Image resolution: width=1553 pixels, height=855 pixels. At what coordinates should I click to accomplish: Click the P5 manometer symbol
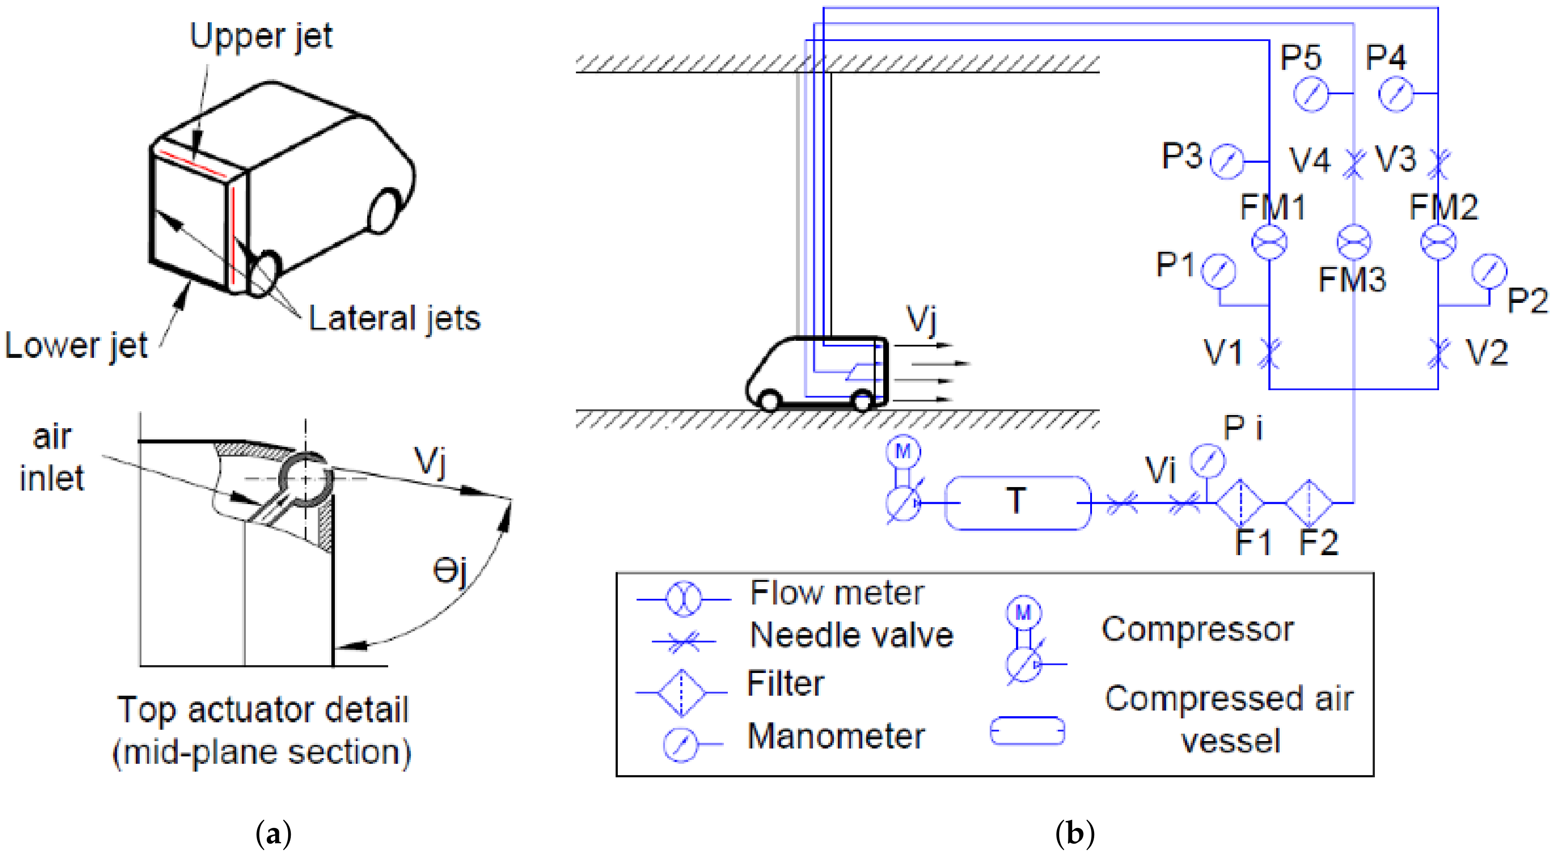click(x=1311, y=94)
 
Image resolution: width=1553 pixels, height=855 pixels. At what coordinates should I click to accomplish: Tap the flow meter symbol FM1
click(x=1269, y=242)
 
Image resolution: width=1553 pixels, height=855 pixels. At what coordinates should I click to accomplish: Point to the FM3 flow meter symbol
click(x=1353, y=242)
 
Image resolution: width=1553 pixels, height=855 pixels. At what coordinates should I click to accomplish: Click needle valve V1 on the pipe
click(x=1269, y=354)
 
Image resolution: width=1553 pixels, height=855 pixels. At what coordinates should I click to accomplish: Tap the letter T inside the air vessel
click(x=1016, y=501)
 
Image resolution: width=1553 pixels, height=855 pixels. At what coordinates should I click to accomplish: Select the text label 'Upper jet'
click(x=261, y=36)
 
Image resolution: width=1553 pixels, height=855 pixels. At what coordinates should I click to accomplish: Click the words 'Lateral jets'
click(x=394, y=318)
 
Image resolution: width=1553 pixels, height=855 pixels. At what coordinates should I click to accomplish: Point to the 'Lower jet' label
click(x=76, y=346)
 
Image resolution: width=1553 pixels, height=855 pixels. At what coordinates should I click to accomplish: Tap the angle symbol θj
click(x=450, y=570)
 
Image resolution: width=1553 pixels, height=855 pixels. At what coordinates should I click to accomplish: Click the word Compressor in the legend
click(x=1197, y=630)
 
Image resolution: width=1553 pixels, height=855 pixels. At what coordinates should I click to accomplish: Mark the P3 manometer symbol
click(x=1227, y=161)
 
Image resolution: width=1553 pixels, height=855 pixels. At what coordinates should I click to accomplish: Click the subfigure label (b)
click(x=1074, y=834)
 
